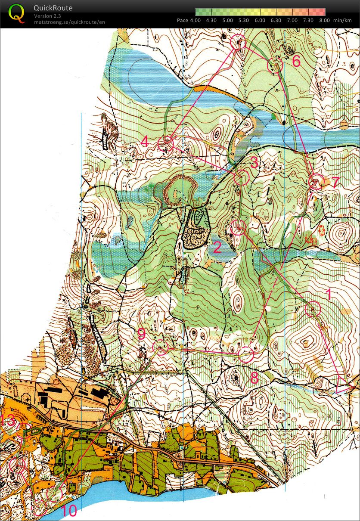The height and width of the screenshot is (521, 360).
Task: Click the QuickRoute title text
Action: pyautogui.click(x=53, y=8)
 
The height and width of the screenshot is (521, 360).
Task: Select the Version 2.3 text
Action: pyautogui.click(x=47, y=16)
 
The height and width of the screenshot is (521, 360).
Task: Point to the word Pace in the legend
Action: pyautogui.click(x=183, y=20)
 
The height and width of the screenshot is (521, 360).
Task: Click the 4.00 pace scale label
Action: pyautogui.click(x=195, y=20)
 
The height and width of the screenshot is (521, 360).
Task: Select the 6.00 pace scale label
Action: pyautogui.click(x=260, y=20)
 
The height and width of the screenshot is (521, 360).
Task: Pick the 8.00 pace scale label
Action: pyautogui.click(x=324, y=20)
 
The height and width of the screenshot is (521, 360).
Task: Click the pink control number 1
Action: pyautogui.click(x=329, y=295)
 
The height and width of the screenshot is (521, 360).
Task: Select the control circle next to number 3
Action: pyautogui.click(x=242, y=177)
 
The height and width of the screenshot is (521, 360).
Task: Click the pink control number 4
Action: pyautogui.click(x=145, y=141)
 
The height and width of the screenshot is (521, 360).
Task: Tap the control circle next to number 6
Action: pyautogui.click(x=275, y=65)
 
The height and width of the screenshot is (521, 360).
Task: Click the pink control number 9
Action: pyautogui.click(x=142, y=333)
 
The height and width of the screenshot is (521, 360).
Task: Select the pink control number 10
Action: pyautogui.click(x=69, y=511)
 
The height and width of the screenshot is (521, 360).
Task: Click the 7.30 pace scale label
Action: pyautogui.click(x=308, y=20)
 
